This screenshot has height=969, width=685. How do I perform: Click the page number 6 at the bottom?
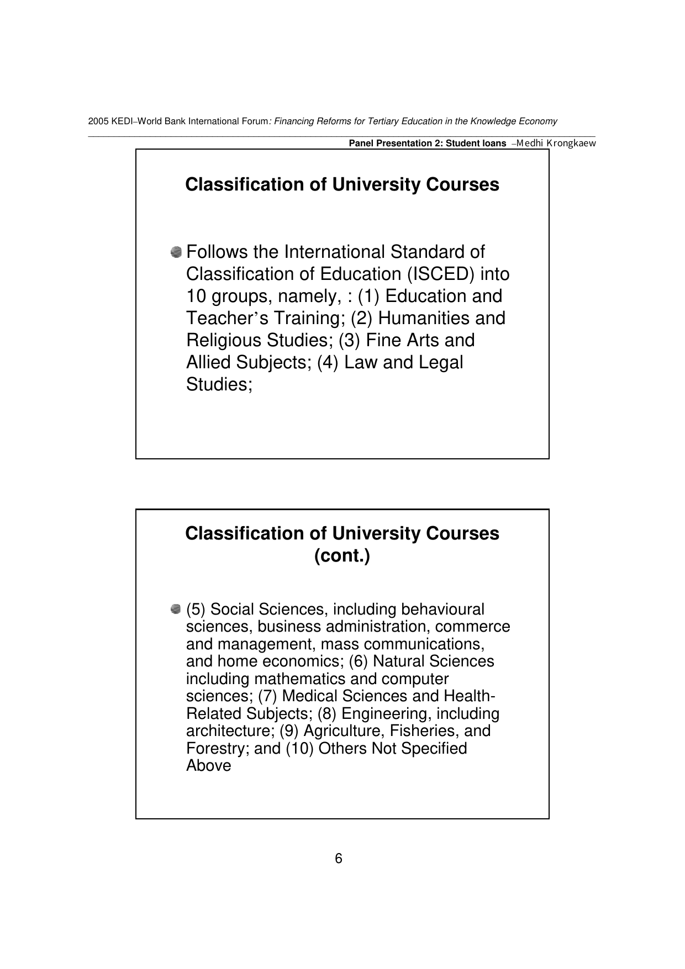tap(339, 859)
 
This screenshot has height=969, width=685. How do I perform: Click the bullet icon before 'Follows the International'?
tap(176, 252)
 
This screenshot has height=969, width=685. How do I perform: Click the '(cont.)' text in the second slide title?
tap(342, 555)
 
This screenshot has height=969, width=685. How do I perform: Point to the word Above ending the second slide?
tap(209, 765)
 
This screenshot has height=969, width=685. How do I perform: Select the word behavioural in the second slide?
tap(442, 609)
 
